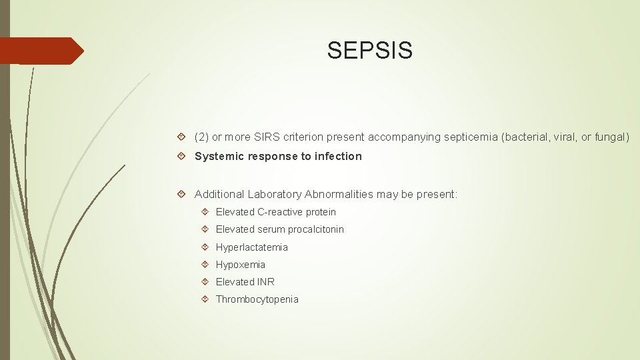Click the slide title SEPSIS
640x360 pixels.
(x=369, y=50)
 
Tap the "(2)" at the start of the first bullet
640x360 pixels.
(x=201, y=137)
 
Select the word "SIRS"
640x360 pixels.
(x=264, y=137)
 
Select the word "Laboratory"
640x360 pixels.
(x=275, y=195)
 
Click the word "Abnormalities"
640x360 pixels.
(x=339, y=195)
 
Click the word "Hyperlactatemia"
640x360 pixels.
(x=252, y=247)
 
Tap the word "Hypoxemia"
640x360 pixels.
(x=241, y=265)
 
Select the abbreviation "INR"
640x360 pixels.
(x=265, y=282)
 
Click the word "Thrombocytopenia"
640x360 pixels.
(x=257, y=300)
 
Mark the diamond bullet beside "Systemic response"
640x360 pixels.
(x=183, y=157)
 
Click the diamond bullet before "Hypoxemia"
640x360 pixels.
(x=205, y=265)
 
